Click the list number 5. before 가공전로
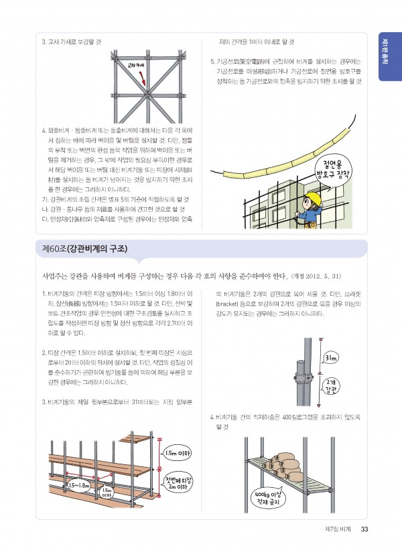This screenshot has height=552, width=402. [x=212, y=62]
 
